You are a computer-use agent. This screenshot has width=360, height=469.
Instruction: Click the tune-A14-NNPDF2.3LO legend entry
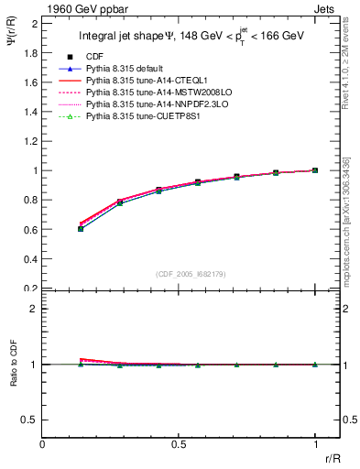(147, 105)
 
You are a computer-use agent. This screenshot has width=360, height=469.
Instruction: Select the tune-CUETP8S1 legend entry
(135, 117)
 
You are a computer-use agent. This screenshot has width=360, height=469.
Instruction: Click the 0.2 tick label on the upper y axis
(32, 288)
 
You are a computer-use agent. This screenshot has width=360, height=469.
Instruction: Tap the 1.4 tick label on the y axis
(32, 112)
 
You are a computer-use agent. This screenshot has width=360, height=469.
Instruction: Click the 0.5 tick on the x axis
(179, 444)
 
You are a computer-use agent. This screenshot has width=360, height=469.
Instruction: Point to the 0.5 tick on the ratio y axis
(32, 420)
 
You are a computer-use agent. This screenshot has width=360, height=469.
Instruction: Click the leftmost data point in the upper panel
(81, 228)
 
